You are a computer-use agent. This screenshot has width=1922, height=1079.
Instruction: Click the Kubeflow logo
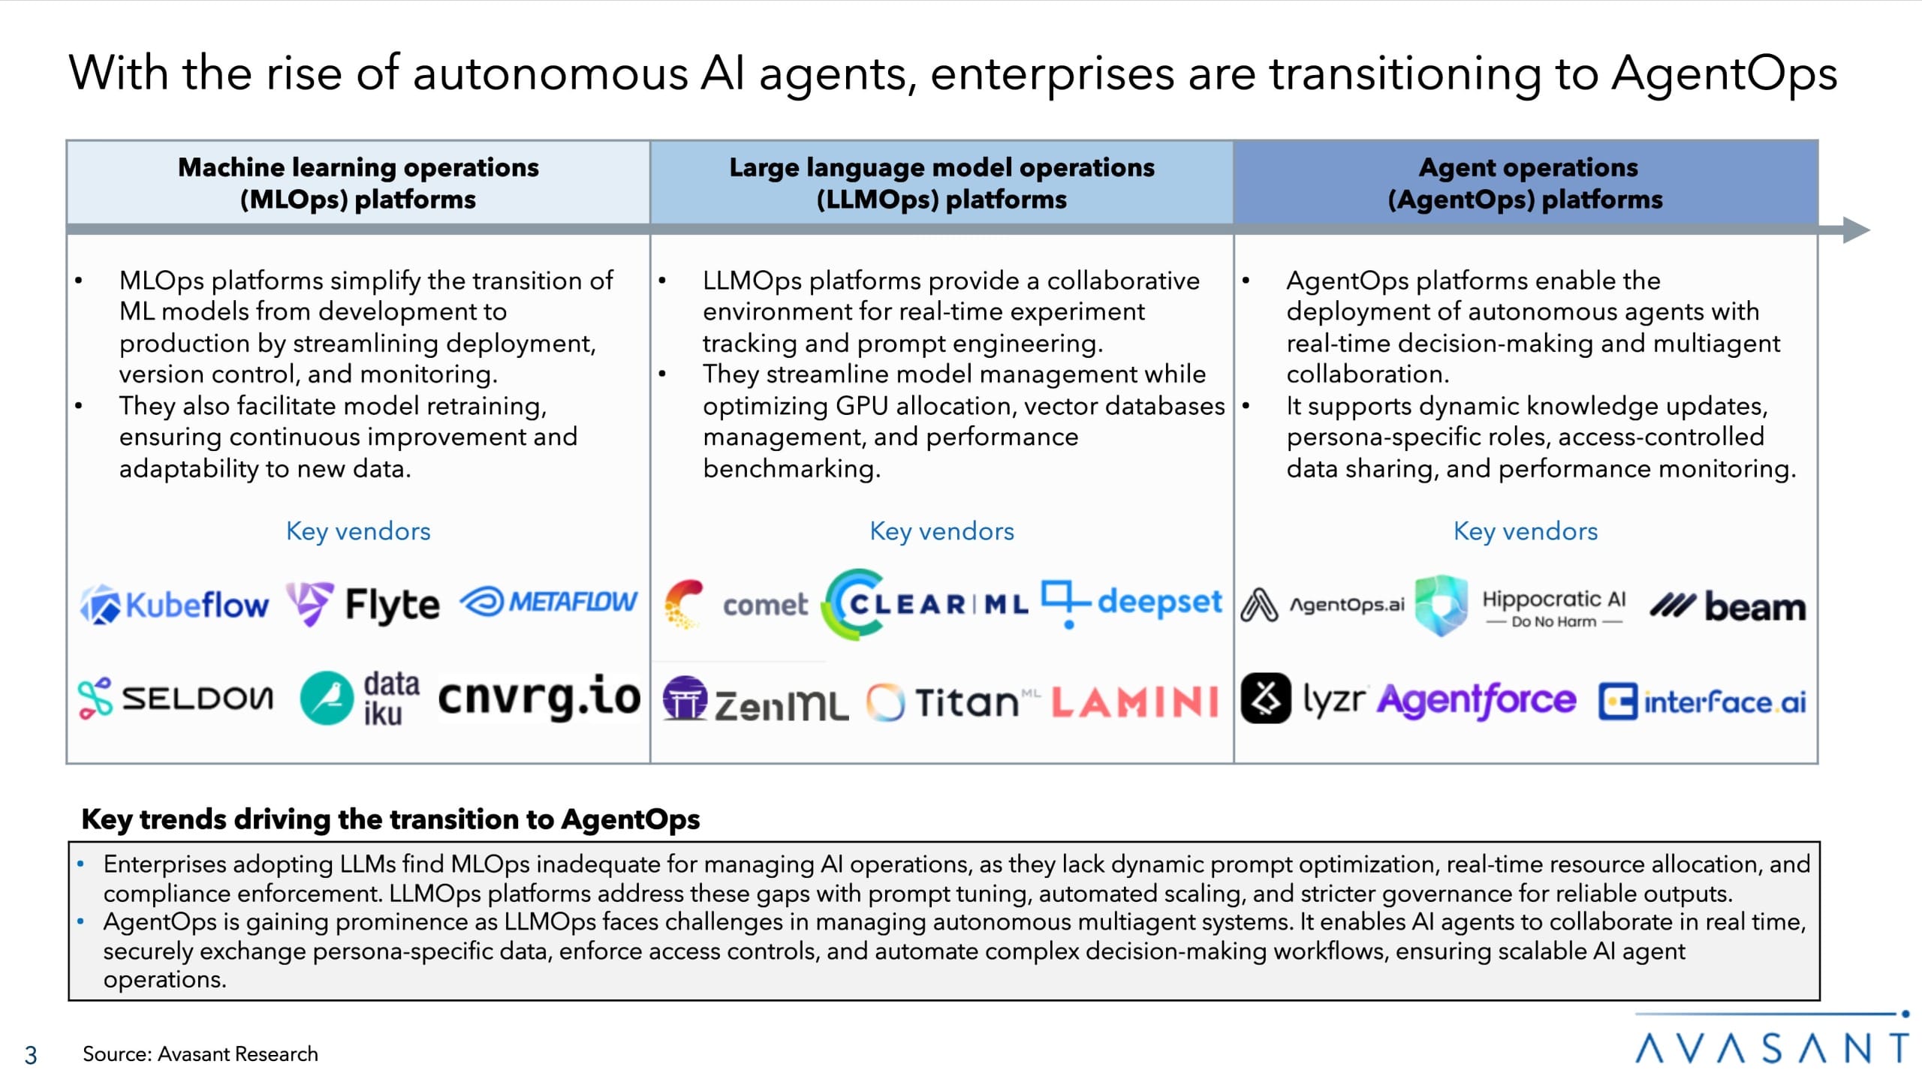click(174, 605)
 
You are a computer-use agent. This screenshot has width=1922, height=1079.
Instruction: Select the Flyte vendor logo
click(363, 604)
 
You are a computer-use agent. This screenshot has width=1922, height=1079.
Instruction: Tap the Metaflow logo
click(549, 602)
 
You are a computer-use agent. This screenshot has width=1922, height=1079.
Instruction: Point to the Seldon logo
click(176, 698)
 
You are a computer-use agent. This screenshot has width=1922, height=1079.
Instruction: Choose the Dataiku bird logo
click(327, 698)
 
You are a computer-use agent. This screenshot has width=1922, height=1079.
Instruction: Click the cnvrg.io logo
click(539, 696)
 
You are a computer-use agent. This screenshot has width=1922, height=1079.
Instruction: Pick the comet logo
click(736, 604)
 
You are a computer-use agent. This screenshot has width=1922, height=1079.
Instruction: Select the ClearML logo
click(925, 604)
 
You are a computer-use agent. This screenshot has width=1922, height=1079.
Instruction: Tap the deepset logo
click(1131, 603)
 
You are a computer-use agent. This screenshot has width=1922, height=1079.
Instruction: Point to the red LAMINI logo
click(1134, 702)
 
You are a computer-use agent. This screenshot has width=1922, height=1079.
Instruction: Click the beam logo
click(1728, 606)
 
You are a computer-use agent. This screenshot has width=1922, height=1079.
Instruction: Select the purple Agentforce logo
click(1476, 701)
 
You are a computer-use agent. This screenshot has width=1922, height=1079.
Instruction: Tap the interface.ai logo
click(1702, 702)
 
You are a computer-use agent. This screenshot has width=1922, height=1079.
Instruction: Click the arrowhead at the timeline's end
click(1855, 230)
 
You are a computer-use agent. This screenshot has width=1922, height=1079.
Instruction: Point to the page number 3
click(31, 1055)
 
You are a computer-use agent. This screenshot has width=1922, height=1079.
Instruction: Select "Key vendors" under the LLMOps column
click(941, 531)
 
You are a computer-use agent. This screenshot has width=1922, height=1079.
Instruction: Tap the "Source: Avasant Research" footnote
click(200, 1054)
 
